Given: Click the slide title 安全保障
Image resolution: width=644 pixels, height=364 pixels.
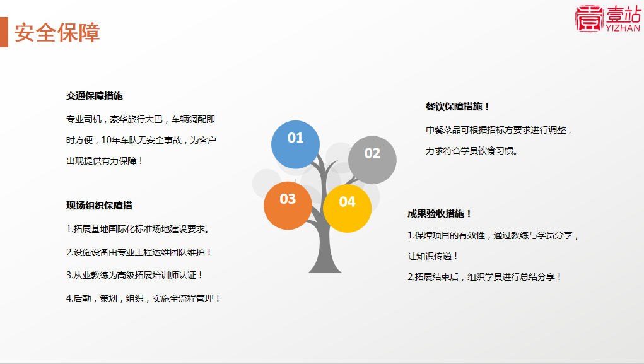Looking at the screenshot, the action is (57, 33).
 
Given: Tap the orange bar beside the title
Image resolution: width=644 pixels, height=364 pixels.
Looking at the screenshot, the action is (4, 32).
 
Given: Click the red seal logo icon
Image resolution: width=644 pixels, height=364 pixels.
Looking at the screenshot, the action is (589, 18).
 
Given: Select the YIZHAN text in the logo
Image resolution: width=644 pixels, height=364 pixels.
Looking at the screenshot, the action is (623, 28).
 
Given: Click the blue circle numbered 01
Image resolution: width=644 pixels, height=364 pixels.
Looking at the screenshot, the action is (295, 144).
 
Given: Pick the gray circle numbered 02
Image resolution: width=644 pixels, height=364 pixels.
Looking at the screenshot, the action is (372, 160).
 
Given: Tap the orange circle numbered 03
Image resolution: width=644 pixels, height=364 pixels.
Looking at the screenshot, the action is (288, 206).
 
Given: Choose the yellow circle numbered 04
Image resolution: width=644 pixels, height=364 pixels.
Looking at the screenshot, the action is (347, 208).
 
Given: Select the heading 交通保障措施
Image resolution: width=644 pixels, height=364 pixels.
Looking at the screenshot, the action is (95, 96).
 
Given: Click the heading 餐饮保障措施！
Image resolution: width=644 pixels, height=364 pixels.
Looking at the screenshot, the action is (458, 107).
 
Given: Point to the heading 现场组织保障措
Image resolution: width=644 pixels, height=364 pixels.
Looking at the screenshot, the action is (100, 206).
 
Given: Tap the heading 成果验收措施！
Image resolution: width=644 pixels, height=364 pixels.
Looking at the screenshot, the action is (440, 214).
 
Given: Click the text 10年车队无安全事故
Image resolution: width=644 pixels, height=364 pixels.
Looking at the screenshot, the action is (141, 140).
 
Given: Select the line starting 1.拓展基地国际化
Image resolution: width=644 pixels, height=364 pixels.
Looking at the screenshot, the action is (138, 229).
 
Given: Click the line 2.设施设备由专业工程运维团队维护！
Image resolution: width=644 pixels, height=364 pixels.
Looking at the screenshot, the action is (139, 252).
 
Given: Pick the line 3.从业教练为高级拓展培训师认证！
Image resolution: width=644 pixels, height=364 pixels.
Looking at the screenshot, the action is (135, 275).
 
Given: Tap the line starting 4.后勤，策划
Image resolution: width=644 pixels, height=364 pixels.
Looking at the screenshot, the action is (143, 298).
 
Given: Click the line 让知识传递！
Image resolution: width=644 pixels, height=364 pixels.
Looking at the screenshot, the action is (433, 256).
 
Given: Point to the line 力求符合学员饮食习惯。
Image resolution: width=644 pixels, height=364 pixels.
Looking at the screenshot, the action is (472, 151).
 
